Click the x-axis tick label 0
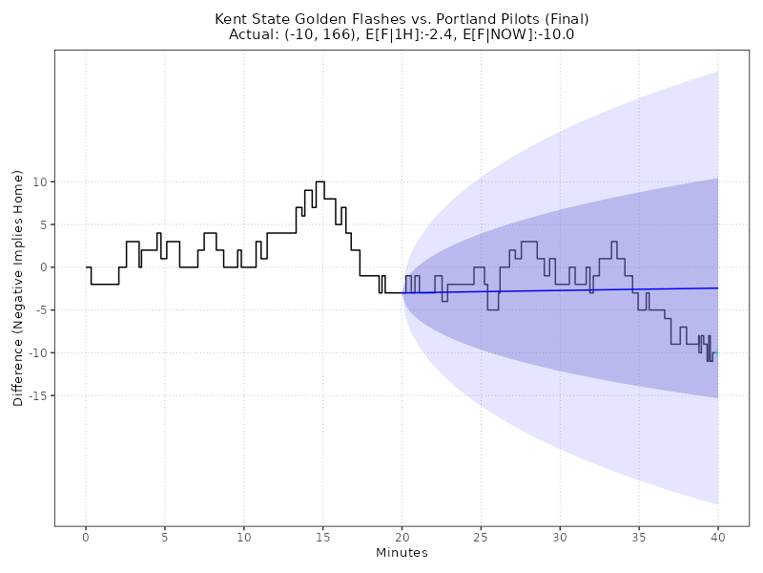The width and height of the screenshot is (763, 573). tap(86, 539)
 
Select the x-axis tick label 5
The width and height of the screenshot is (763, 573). tap(165, 539)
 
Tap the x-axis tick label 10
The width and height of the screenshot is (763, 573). tap(244, 539)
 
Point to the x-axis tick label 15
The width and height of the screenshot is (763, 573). tap(323, 539)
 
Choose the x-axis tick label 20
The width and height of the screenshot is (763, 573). tap(402, 539)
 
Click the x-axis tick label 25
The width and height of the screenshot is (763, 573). tap(481, 539)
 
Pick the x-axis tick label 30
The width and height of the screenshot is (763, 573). tap(560, 539)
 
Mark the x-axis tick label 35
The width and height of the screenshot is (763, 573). tap(639, 539)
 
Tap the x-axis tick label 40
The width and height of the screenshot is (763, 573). tap(718, 539)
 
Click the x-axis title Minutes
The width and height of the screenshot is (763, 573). tap(402, 554)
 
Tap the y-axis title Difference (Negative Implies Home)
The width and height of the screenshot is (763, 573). tap(18, 287)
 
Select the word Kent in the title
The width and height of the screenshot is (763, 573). tap(232, 19)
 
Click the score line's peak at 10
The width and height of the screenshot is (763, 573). tap(320, 181)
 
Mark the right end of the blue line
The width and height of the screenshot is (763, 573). tap(718, 287)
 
